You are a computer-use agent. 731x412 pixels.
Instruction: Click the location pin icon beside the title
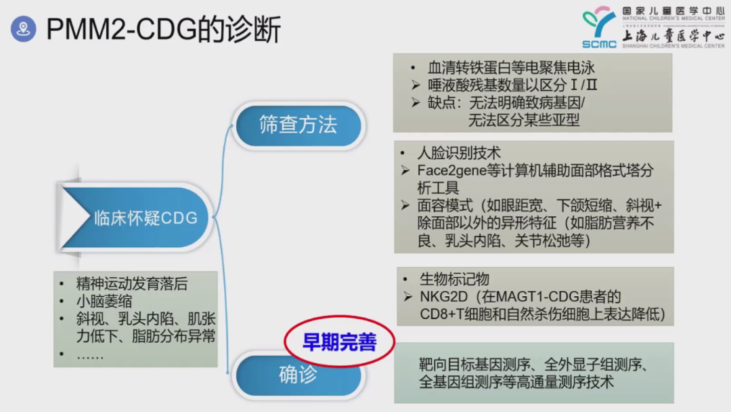[x=24, y=30]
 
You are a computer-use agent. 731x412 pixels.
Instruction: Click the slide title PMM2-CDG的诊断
[x=163, y=30]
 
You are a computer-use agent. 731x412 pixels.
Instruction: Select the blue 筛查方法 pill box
[x=298, y=125]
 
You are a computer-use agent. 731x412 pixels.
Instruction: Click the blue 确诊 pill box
[x=298, y=374]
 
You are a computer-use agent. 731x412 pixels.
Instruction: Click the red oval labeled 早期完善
[x=339, y=342]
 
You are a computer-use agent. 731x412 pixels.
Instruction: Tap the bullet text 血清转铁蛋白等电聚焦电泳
[x=511, y=68]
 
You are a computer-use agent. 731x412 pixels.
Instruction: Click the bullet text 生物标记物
[x=454, y=279]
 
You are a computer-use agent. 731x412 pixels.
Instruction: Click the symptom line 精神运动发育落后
[x=131, y=284]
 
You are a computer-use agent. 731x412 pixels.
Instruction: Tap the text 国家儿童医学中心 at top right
[x=673, y=12]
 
